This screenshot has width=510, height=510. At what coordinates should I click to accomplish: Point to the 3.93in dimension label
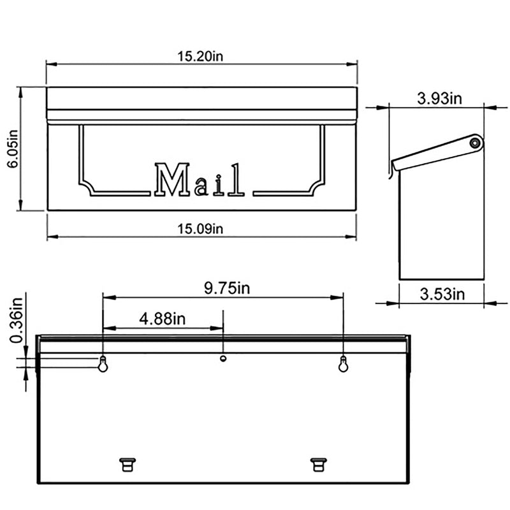pos(439,98)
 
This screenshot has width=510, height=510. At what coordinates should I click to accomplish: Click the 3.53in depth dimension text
pos(441,294)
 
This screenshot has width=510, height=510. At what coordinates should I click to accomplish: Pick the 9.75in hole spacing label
pos(227,288)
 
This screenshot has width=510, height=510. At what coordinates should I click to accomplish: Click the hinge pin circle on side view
pos(474,143)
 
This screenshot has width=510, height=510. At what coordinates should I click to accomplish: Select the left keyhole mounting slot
pos(103,364)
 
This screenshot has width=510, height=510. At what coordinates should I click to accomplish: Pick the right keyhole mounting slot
pos(343,364)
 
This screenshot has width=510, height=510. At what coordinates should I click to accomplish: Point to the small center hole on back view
pos(223,358)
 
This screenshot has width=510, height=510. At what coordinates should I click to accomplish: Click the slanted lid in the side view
pos(433,154)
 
